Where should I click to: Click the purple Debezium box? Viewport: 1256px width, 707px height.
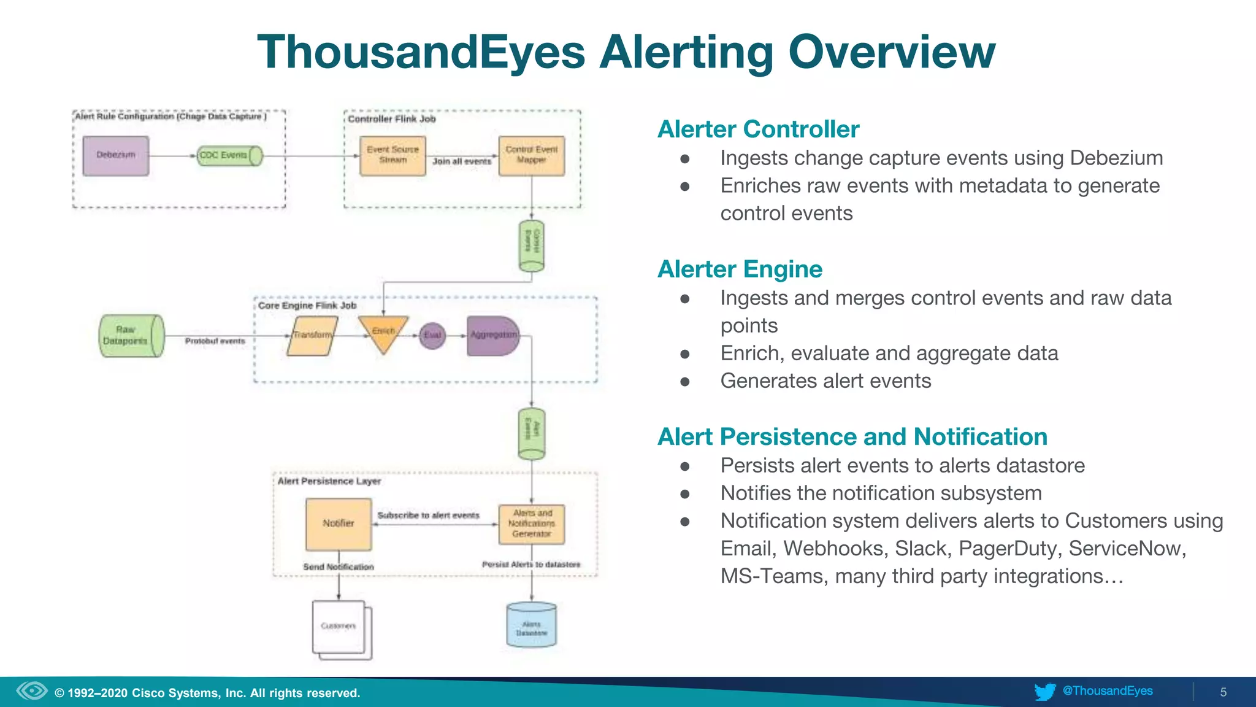coord(116,156)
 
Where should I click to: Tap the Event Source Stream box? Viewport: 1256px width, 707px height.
coord(392,156)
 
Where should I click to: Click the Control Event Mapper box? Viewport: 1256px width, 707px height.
coord(531,156)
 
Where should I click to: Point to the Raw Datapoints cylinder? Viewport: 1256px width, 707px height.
coord(131,336)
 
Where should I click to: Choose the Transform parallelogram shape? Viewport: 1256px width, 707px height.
coord(312,336)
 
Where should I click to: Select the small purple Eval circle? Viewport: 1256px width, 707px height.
coord(432,336)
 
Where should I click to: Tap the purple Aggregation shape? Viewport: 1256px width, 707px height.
coord(492,336)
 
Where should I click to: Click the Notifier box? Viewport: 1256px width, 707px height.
coord(339,524)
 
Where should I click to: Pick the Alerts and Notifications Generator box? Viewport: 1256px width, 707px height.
coord(531,524)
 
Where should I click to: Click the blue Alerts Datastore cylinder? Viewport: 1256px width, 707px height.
coord(531,626)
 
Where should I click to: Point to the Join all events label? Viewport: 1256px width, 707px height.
coord(462,161)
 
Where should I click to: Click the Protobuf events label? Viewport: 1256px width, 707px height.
coord(215,341)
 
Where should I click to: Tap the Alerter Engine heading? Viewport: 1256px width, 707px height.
coord(740,269)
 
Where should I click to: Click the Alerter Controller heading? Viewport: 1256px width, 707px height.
coord(758,129)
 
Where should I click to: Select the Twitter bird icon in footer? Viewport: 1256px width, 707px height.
coord(1045,692)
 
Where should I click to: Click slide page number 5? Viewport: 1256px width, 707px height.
coord(1223,692)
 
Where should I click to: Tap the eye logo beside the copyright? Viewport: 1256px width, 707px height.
coord(32,691)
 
